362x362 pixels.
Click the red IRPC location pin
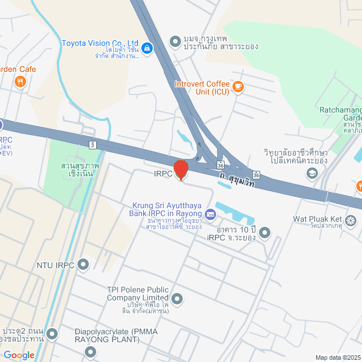(180, 170)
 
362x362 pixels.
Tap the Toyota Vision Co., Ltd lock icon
(147, 49)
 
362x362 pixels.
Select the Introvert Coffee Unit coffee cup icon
(238, 87)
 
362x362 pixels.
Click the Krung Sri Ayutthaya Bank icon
(210, 214)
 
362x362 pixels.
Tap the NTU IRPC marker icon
(83, 264)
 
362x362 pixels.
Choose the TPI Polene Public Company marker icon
(177, 298)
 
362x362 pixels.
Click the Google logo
(19, 355)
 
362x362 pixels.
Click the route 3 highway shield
(92, 145)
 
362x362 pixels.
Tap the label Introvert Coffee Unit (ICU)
(201, 88)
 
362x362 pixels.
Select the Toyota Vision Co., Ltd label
(100, 43)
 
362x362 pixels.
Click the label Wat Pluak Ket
(317, 219)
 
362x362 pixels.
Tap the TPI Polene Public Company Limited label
(138, 294)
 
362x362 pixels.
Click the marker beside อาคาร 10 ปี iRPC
(264, 232)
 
